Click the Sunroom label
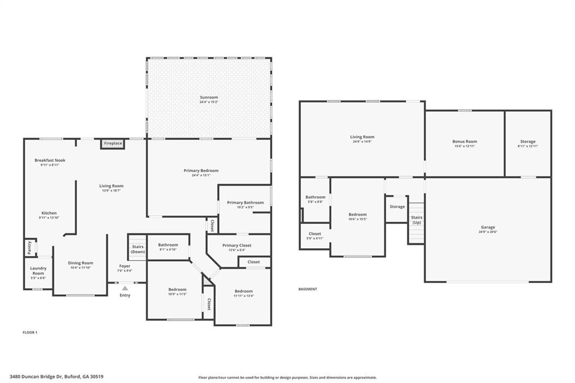click(x=209, y=98)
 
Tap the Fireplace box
click(x=113, y=144)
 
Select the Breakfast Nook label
click(x=49, y=161)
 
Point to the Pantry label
click(x=30, y=247)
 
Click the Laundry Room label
click(x=38, y=271)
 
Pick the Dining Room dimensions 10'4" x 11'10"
click(x=80, y=268)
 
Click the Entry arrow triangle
click(x=125, y=288)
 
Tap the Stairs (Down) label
click(x=138, y=249)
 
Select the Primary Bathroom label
click(x=245, y=203)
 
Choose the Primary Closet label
click(x=237, y=245)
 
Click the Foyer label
click(x=125, y=266)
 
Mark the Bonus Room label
click(x=464, y=142)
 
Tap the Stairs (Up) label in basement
click(x=416, y=220)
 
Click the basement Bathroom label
click(x=315, y=197)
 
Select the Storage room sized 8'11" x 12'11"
click(x=527, y=142)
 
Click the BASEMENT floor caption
click(x=308, y=289)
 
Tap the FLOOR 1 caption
click(x=30, y=332)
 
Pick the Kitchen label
click(x=49, y=213)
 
